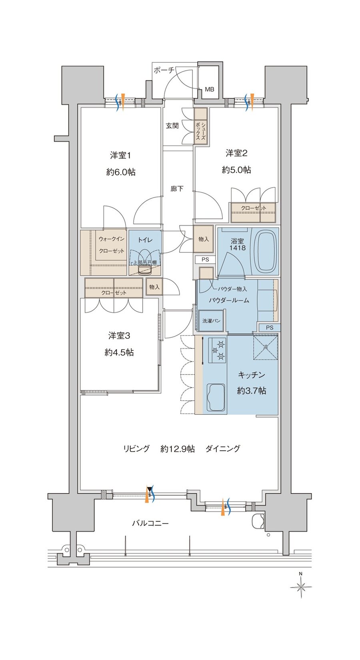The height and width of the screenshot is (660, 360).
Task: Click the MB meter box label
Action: point(210,89)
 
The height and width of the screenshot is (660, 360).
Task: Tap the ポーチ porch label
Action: point(164,70)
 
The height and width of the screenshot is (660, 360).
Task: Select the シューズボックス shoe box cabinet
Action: point(200,126)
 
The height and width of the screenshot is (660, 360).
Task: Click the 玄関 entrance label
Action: point(172,126)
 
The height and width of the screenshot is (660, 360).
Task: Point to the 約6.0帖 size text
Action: point(121,172)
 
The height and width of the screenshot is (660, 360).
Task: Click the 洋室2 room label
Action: point(236,153)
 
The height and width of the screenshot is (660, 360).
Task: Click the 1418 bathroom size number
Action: point(237,248)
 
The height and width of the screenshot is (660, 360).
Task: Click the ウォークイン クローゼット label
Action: point(112,245)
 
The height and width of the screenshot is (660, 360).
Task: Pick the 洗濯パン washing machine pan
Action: point(211,321)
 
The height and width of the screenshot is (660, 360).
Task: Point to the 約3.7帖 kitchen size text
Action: point(251,390)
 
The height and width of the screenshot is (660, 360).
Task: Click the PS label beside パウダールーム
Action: point(270,327)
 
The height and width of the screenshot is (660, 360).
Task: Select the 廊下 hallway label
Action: point(177,188)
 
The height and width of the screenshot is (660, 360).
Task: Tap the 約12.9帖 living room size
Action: point(178,449)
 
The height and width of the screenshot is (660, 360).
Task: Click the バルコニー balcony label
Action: point(150,523)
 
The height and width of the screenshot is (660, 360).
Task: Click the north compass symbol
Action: point(301,587)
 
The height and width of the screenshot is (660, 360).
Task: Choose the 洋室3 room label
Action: point(119,335)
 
